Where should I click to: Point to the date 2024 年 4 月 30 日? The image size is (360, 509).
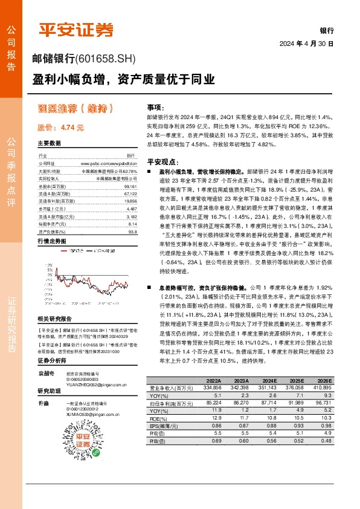point(306,44)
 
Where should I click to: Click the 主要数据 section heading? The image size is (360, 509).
point(49,144)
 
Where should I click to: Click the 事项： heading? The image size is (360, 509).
point(156,106)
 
